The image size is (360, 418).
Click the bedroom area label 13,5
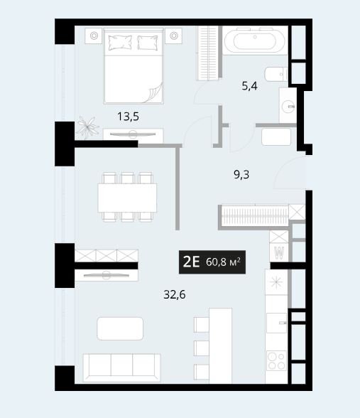click(x=128, y=117)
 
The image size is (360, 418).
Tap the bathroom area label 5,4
click(x=249, y=86)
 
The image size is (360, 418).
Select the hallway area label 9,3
click(x=241, y=175)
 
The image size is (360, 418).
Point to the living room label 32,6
click(x=175, y=294)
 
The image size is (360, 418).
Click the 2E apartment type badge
click(x=212, y=262)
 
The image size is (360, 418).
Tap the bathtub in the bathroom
click(x=255, y=41)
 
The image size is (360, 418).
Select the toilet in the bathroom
click(x=276, y=74)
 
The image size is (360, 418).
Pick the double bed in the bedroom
click(x=133, y=66)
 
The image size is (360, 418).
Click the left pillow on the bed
click(x=120, y=43)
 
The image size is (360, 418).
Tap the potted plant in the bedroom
click(x=87, y=127)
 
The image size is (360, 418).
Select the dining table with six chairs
click(x=127, y=198)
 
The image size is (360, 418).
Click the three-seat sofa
click(x=121, y=368)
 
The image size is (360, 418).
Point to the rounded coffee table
click(x=120, y=328)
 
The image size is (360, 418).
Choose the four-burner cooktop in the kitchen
click(x=277, y=360)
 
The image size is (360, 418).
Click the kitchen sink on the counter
click(x=277, y=323)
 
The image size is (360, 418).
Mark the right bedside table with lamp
click(x=173, y=36)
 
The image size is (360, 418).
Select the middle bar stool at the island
click(x=202, y=348)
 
